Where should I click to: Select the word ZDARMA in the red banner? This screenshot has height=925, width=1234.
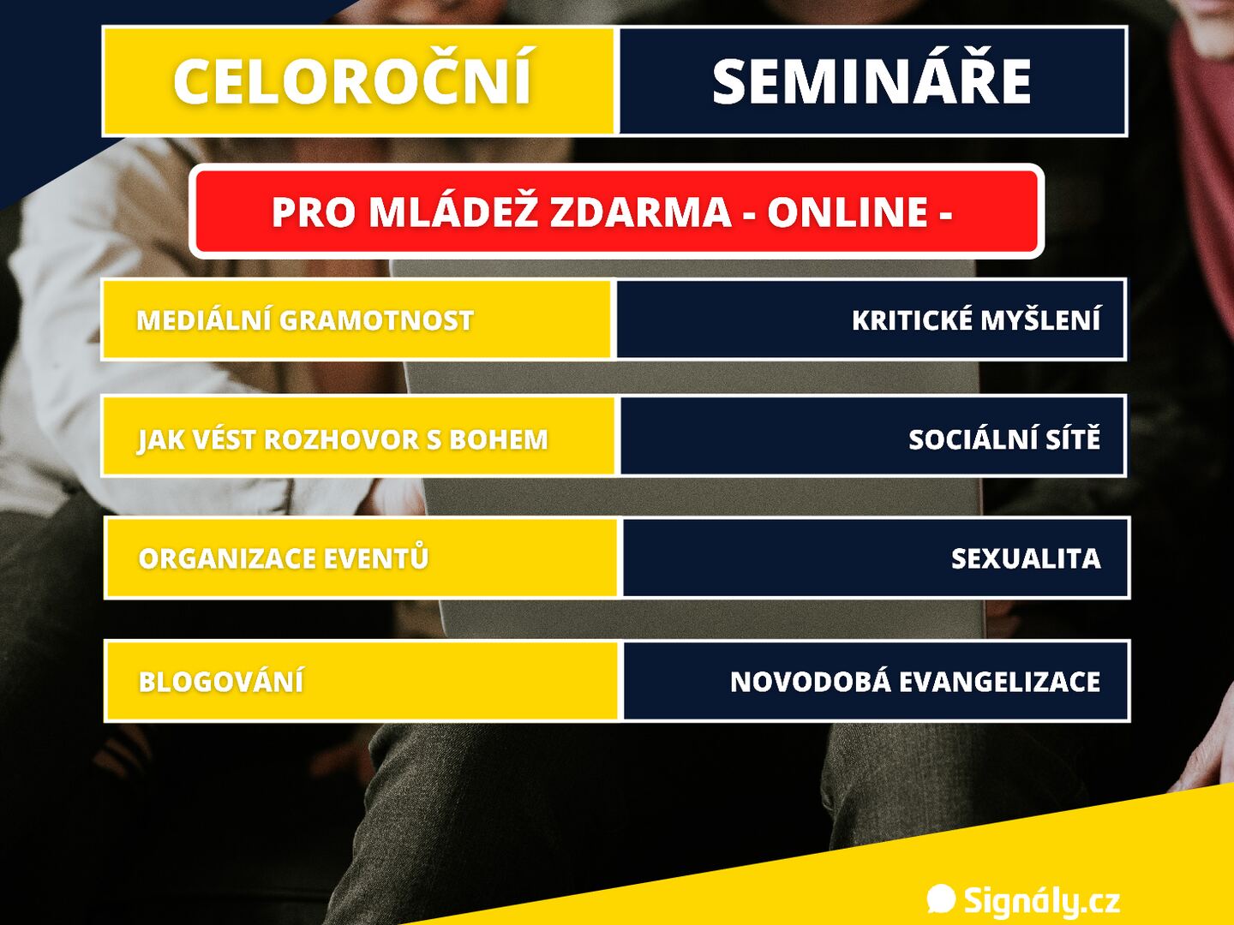pyautogui.click(x=641, y=212)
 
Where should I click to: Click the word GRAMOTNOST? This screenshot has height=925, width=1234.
pyautogui.click(x=376, y=320)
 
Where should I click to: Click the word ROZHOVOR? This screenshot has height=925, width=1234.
pyautogui.click(x=341, y=439)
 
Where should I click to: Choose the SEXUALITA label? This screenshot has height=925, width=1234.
pyautogui.click(x=1026, y=558)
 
